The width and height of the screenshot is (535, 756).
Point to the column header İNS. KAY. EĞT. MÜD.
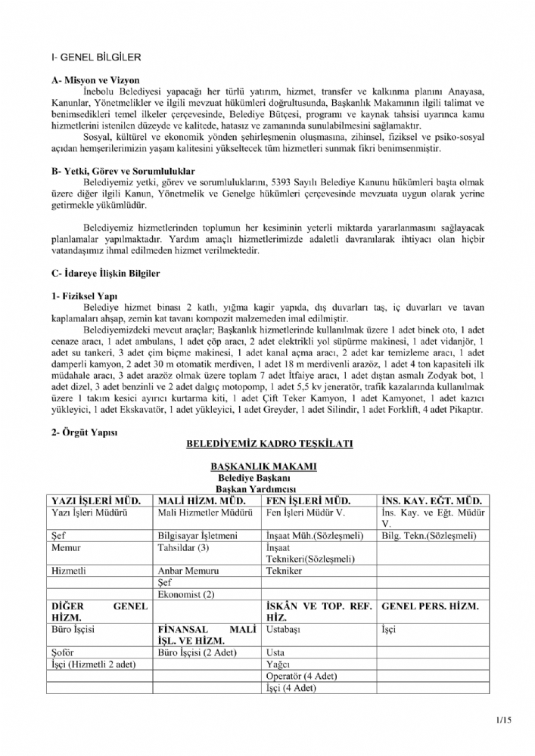[x=431, y=500]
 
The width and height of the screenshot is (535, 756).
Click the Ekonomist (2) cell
[x=185, y=594]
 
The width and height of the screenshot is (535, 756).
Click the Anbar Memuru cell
[x=187, y=571]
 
